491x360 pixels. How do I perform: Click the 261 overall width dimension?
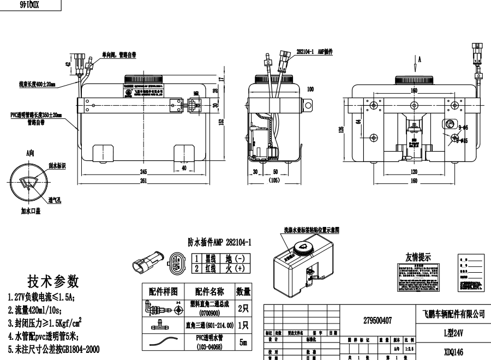click(143, 181)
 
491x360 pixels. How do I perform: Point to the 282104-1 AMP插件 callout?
click(314, 50)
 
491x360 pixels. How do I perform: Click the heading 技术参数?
click(53, 281)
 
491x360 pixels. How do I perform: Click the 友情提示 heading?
click(418, 257)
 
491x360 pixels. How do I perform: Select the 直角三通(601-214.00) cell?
click(209, 325)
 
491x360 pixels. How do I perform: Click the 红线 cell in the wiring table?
click(211, 268)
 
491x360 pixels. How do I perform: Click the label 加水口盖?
click(32, 210)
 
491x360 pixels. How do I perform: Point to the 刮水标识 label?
click(57, 166)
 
